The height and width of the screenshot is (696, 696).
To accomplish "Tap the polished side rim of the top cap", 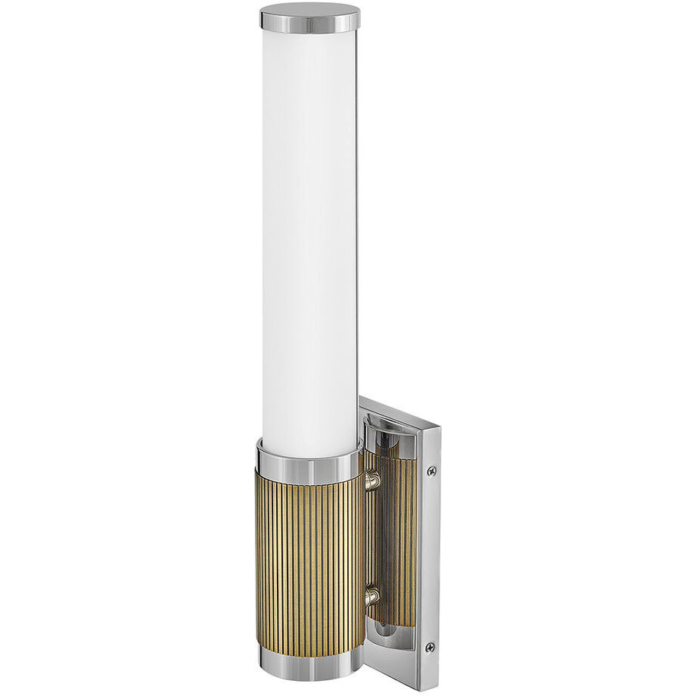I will coord(309,26).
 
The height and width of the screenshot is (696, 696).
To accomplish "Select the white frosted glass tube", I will coord(309,227).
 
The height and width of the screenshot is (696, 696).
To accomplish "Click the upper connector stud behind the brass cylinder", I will coord(371,480).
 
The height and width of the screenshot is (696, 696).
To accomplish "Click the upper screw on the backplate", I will coord(431,471).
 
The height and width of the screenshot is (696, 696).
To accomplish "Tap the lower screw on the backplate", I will coord(430,647).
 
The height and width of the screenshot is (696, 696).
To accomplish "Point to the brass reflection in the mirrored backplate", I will coord(397,530).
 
